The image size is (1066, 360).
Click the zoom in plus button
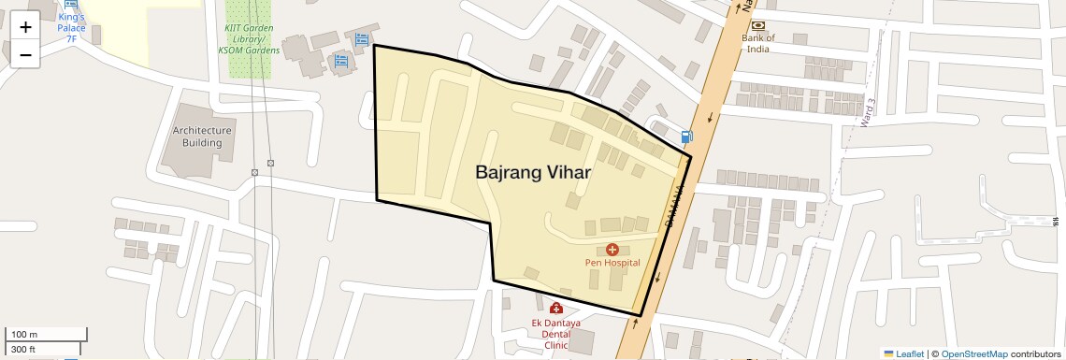click(x=25, y=26)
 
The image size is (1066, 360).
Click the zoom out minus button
click(x=25, y=54)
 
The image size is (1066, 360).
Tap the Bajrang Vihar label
click(x=531, y=173)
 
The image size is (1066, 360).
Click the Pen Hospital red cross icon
click(x=612, y=249)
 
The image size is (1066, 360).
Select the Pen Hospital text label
click(x=612, y=263)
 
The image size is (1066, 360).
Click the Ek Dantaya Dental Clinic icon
click(x=556, y=308)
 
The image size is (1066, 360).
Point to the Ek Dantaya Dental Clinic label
click(x=556, y=333)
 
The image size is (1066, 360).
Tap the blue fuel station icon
click(x=687, y=137)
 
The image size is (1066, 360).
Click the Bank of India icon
click(x=757, y=24)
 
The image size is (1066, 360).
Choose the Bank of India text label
click(x=757, y=43)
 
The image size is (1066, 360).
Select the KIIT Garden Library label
click(x=248, y=39)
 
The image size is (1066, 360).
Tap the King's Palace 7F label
click(x=71, y=27)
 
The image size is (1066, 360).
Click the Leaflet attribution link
click(x=903, y=353)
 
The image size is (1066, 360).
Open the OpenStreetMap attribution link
click(x=973, y=353)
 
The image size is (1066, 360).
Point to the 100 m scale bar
click(x=47, y=334)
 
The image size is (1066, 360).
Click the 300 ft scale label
click(x=23, y=349)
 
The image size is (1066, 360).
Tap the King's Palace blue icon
click(x=71, y=4)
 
